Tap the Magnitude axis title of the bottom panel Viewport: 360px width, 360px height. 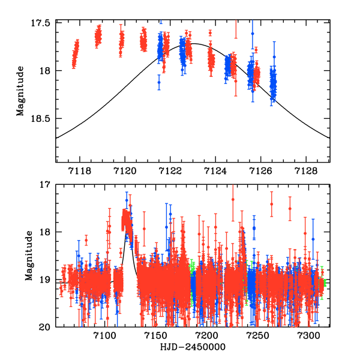(x=28, y=255)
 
